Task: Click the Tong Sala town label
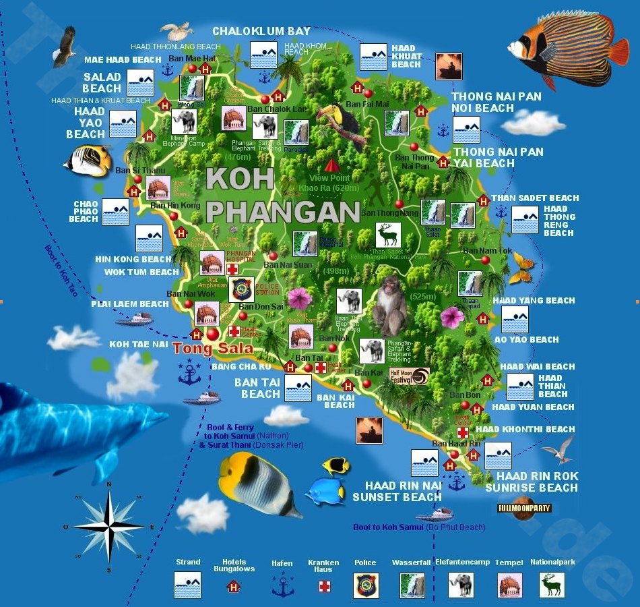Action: click(x=213, y=349)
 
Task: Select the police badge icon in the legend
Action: click(x=366, y=585)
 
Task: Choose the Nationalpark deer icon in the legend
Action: click(x=552, y=585)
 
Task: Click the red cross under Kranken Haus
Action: click(x=324, y=586)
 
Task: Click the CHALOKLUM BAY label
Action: click(x=261, y=31)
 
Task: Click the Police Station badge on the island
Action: click(x=241, y=289)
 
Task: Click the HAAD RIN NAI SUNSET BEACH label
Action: click(x=394, y=491)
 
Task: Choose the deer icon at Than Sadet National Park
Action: click(x=388, y=235)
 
